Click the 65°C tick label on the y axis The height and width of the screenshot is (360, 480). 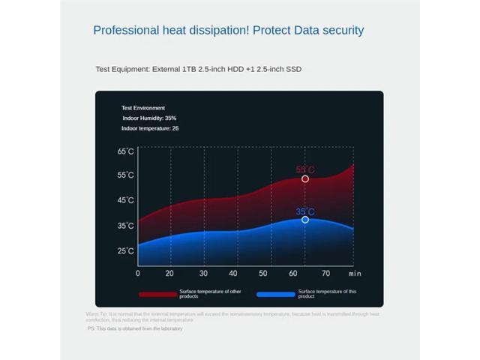pyautogui.click(x=125, y=151)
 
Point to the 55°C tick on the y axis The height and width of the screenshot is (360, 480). pyautogui.click(x=125, y=175)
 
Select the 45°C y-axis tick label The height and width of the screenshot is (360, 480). pyautogui.click(x=125, y=200)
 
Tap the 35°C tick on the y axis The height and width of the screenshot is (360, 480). pyautogui.click(x=125, y=226)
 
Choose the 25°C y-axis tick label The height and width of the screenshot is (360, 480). pyautogui.click(x=125, y=250)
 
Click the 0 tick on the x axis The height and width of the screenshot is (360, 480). pyautogui.click(x=138, y=273)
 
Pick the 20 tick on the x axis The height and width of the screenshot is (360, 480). pyautogui.click(x=169, y=273)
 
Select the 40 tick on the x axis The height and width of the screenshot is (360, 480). pyautogui.click(x=233, y=273)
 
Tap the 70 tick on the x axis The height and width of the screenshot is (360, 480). pyautogui.click(x=325, y=273)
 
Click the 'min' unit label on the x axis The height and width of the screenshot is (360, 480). pyautogui.click(x=355, y=274)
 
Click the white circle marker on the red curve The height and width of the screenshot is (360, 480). pyautogui.click(x=305, y=179)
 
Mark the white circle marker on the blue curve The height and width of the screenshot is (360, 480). pyautogui.click(x=305, y=220)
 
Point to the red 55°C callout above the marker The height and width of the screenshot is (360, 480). pyautogui.click(x=305, y=169)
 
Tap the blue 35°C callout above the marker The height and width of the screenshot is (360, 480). pyautogui.click(x=305, y=211)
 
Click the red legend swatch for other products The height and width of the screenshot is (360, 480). pyautogui.click(x=157, y=295)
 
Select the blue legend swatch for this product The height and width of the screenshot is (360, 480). pyautogui.click(x=275, y=295)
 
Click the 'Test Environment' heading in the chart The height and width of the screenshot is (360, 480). pyautogui.click(x=143, y=108)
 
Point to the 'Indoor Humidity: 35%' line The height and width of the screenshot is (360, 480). pyautogui.click(x=149, y=118)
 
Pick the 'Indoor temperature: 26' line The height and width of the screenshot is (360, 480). pyautogui.click(x=150, y=128)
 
